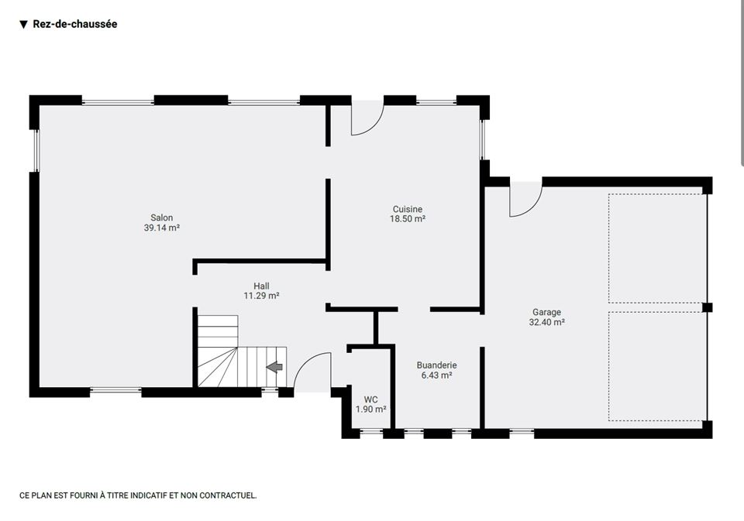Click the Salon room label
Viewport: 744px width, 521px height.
pos(162,218)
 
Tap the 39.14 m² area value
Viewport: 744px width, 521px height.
pos(162,228)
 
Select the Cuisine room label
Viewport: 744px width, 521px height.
pos(408,209)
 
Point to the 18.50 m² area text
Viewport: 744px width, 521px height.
pos(408,218)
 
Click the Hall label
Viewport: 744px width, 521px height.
pos(261,286)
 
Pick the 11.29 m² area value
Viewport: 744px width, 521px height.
pos(261,296)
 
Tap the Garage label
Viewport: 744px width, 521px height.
pos(546,313)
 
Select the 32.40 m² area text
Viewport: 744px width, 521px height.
pos(546,322)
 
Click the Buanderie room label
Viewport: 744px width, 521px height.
pos(436,365)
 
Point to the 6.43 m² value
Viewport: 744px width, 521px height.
pos(436,375)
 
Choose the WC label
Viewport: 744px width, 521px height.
pos(370,399)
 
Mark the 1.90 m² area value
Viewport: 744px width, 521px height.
pos(370,409)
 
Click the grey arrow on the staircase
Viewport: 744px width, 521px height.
pos(274,366)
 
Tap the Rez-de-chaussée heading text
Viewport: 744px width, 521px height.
pos(75,24)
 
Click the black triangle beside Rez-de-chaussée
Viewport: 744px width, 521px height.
pos(24,25)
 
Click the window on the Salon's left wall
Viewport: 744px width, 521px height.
pos(36,150)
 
